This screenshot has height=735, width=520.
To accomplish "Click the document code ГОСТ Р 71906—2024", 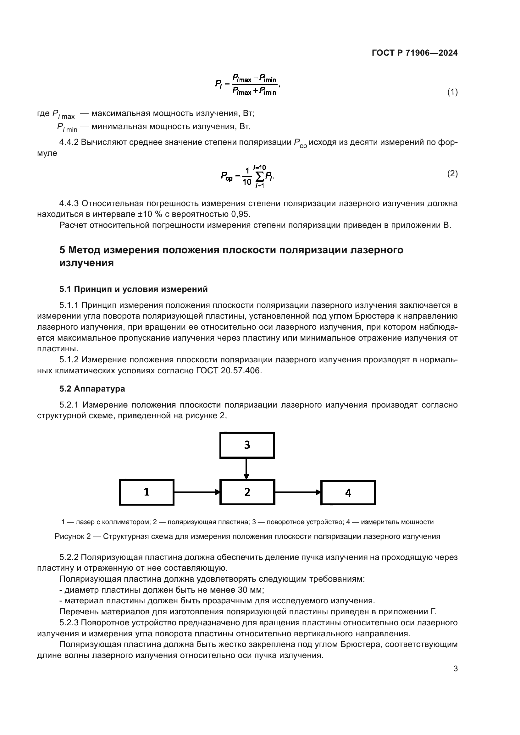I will point(415,53).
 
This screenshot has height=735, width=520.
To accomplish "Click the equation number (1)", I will point(452,92).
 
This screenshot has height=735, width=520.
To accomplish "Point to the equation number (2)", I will point(452,173).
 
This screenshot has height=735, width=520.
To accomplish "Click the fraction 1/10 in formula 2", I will point(247,176).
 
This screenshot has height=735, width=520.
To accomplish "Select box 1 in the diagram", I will point(147,492).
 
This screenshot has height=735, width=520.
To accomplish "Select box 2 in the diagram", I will point(247,492).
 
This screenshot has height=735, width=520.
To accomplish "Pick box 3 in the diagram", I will point(247,445).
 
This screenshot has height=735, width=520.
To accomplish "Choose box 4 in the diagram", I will point(348,492).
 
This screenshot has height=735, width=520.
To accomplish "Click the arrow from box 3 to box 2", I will point(246,468).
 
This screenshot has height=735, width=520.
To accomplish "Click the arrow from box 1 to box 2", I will point(197,492).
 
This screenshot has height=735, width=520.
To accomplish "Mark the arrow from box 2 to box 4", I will point(298,492).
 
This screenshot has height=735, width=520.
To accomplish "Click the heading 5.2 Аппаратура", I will point(92,389).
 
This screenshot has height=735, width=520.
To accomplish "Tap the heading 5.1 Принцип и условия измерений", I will point(134,289).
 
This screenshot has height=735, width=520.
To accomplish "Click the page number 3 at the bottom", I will point(455,669).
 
